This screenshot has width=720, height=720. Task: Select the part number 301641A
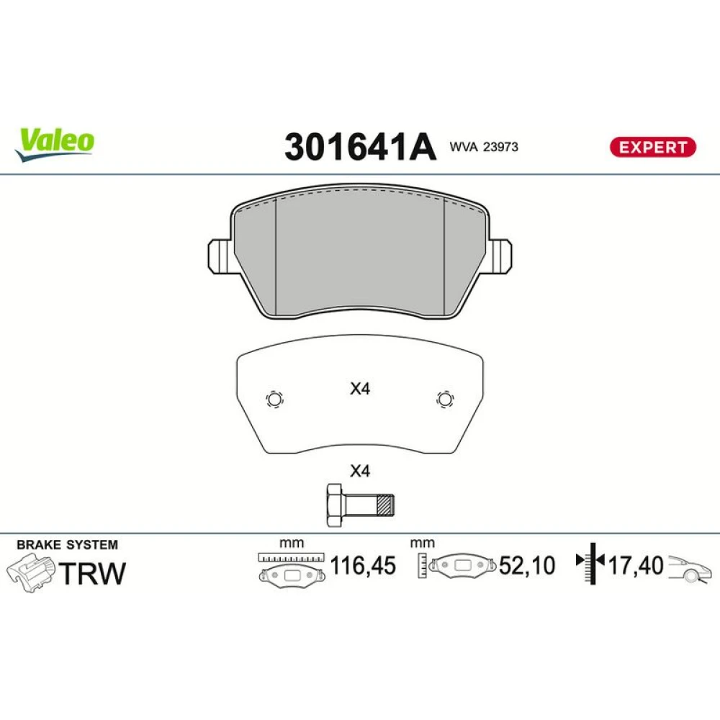(x=360, y=147)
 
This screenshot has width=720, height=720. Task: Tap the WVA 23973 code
(x=484, y=147)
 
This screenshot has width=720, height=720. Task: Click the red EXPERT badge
(x=652, y=147)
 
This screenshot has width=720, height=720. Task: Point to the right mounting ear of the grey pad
(x=499, y=256)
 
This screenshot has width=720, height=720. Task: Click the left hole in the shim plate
(x=274, y=399)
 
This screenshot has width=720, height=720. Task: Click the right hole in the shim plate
(x=444, y=399)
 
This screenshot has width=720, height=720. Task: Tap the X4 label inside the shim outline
(x=359, y=389)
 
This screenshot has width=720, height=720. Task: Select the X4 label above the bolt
(x=359, y=471)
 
